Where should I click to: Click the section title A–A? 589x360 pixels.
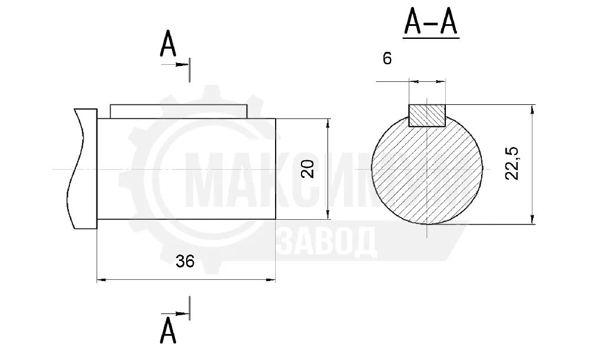[x=431, y=23]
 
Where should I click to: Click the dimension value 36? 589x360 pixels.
[x=185, y=262]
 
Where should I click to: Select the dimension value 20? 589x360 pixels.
[x=307, y=169]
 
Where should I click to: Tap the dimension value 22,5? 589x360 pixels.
[x=512, y=163]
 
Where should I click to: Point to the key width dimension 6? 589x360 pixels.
[x=387, y=58]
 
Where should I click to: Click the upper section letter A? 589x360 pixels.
[x=168, y=44]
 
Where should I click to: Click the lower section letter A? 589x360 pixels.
[x=168, y=330]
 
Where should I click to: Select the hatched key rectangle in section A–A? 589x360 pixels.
[x=426, y=115]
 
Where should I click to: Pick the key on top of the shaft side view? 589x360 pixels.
[x=179, y=111]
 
